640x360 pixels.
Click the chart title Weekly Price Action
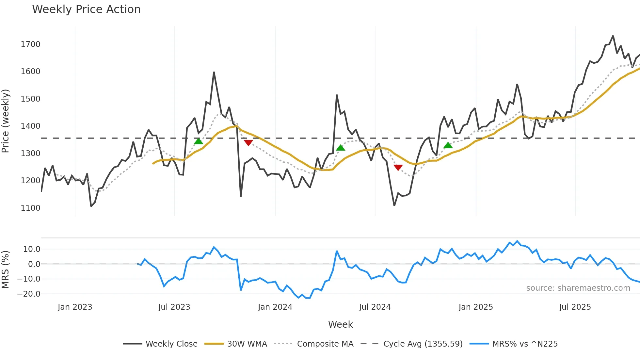[x=86, y=9]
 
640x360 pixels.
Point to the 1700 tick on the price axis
[x=30, y=44]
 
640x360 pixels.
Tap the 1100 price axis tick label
[x=30, y=208]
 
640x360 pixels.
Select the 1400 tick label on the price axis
[x=30, y=126]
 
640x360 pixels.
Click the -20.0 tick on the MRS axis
[x=28, y=294]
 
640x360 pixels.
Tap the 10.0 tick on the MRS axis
[x=32, y=249]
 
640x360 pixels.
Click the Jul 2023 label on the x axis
[x=174, y=307]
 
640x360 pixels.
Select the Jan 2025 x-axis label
[x=475, y=307]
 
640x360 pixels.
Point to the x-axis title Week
[x=340, y=324]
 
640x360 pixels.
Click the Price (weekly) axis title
[x=6, y=121]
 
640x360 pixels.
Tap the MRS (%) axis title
[x=6, y=270]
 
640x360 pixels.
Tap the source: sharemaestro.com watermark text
[x=578, y=288]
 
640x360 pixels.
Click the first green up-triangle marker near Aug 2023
[x=199, y=141]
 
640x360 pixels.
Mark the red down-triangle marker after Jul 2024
[x=398, y=168]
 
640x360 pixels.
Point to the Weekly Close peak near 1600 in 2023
[x=214, y=72]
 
